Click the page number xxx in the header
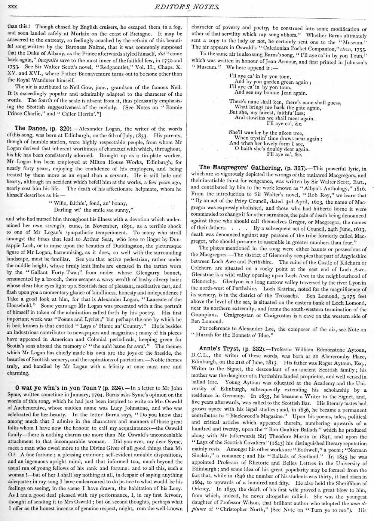[13, 7]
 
